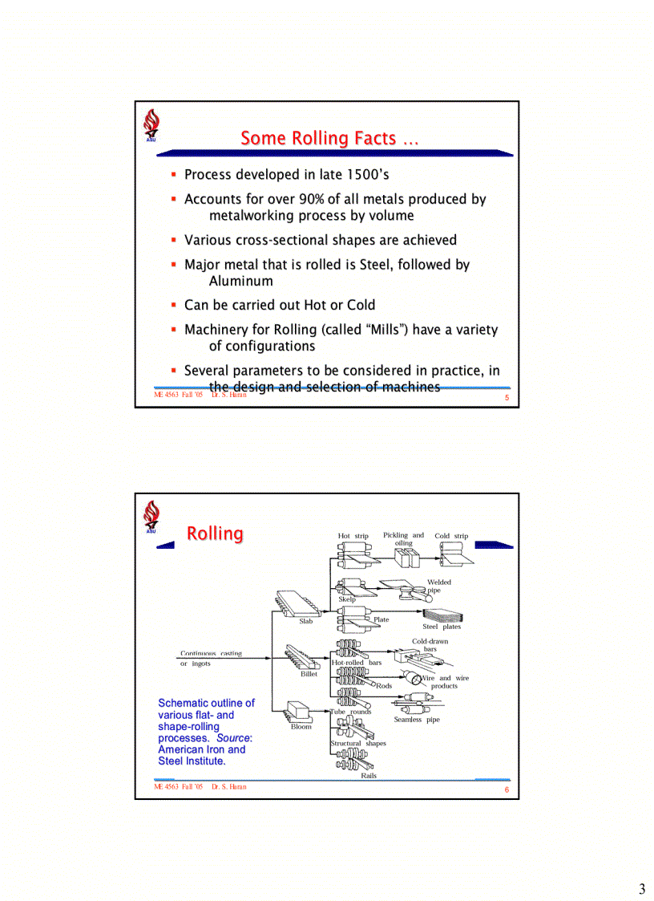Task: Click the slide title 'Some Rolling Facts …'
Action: coord(329,139)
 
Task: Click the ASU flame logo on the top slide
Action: coord(151,125)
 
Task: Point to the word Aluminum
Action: coord(240,281)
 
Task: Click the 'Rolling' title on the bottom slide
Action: coord(215,534)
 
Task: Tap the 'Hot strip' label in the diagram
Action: coord(353,536)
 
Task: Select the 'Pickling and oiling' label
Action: coord(403,538)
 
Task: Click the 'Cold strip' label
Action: coord(451,536)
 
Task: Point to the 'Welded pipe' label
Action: coord(438,586)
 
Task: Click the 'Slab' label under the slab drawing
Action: coord(305,621)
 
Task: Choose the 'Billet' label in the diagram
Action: coord(309,674)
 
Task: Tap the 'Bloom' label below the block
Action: coord(301,727)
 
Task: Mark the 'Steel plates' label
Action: coord(442,627)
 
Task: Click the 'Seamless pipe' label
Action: coord(417,720)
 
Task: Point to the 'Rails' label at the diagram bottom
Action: coord(369,776)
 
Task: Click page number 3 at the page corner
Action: coord(641,888)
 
